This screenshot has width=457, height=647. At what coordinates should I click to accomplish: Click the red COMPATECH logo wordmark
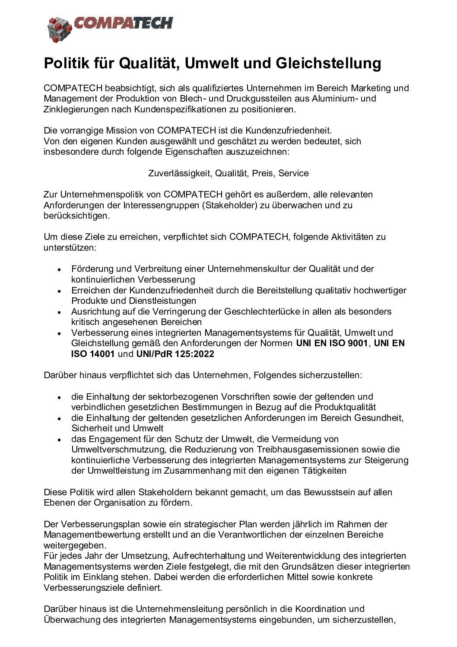pos(123,23)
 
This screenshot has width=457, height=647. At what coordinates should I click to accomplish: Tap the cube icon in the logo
pos(59,29)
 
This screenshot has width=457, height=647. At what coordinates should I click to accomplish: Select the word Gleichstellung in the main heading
pos(328,63)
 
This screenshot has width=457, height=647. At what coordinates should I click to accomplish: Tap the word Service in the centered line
pos(293,173)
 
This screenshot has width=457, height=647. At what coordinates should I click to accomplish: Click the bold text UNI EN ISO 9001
pos(331,344)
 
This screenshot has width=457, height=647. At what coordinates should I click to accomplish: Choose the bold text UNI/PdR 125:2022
pos(175,354)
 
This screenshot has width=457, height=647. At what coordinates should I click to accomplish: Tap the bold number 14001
pos(102,354)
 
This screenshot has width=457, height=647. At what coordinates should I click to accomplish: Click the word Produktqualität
pos(345,407)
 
